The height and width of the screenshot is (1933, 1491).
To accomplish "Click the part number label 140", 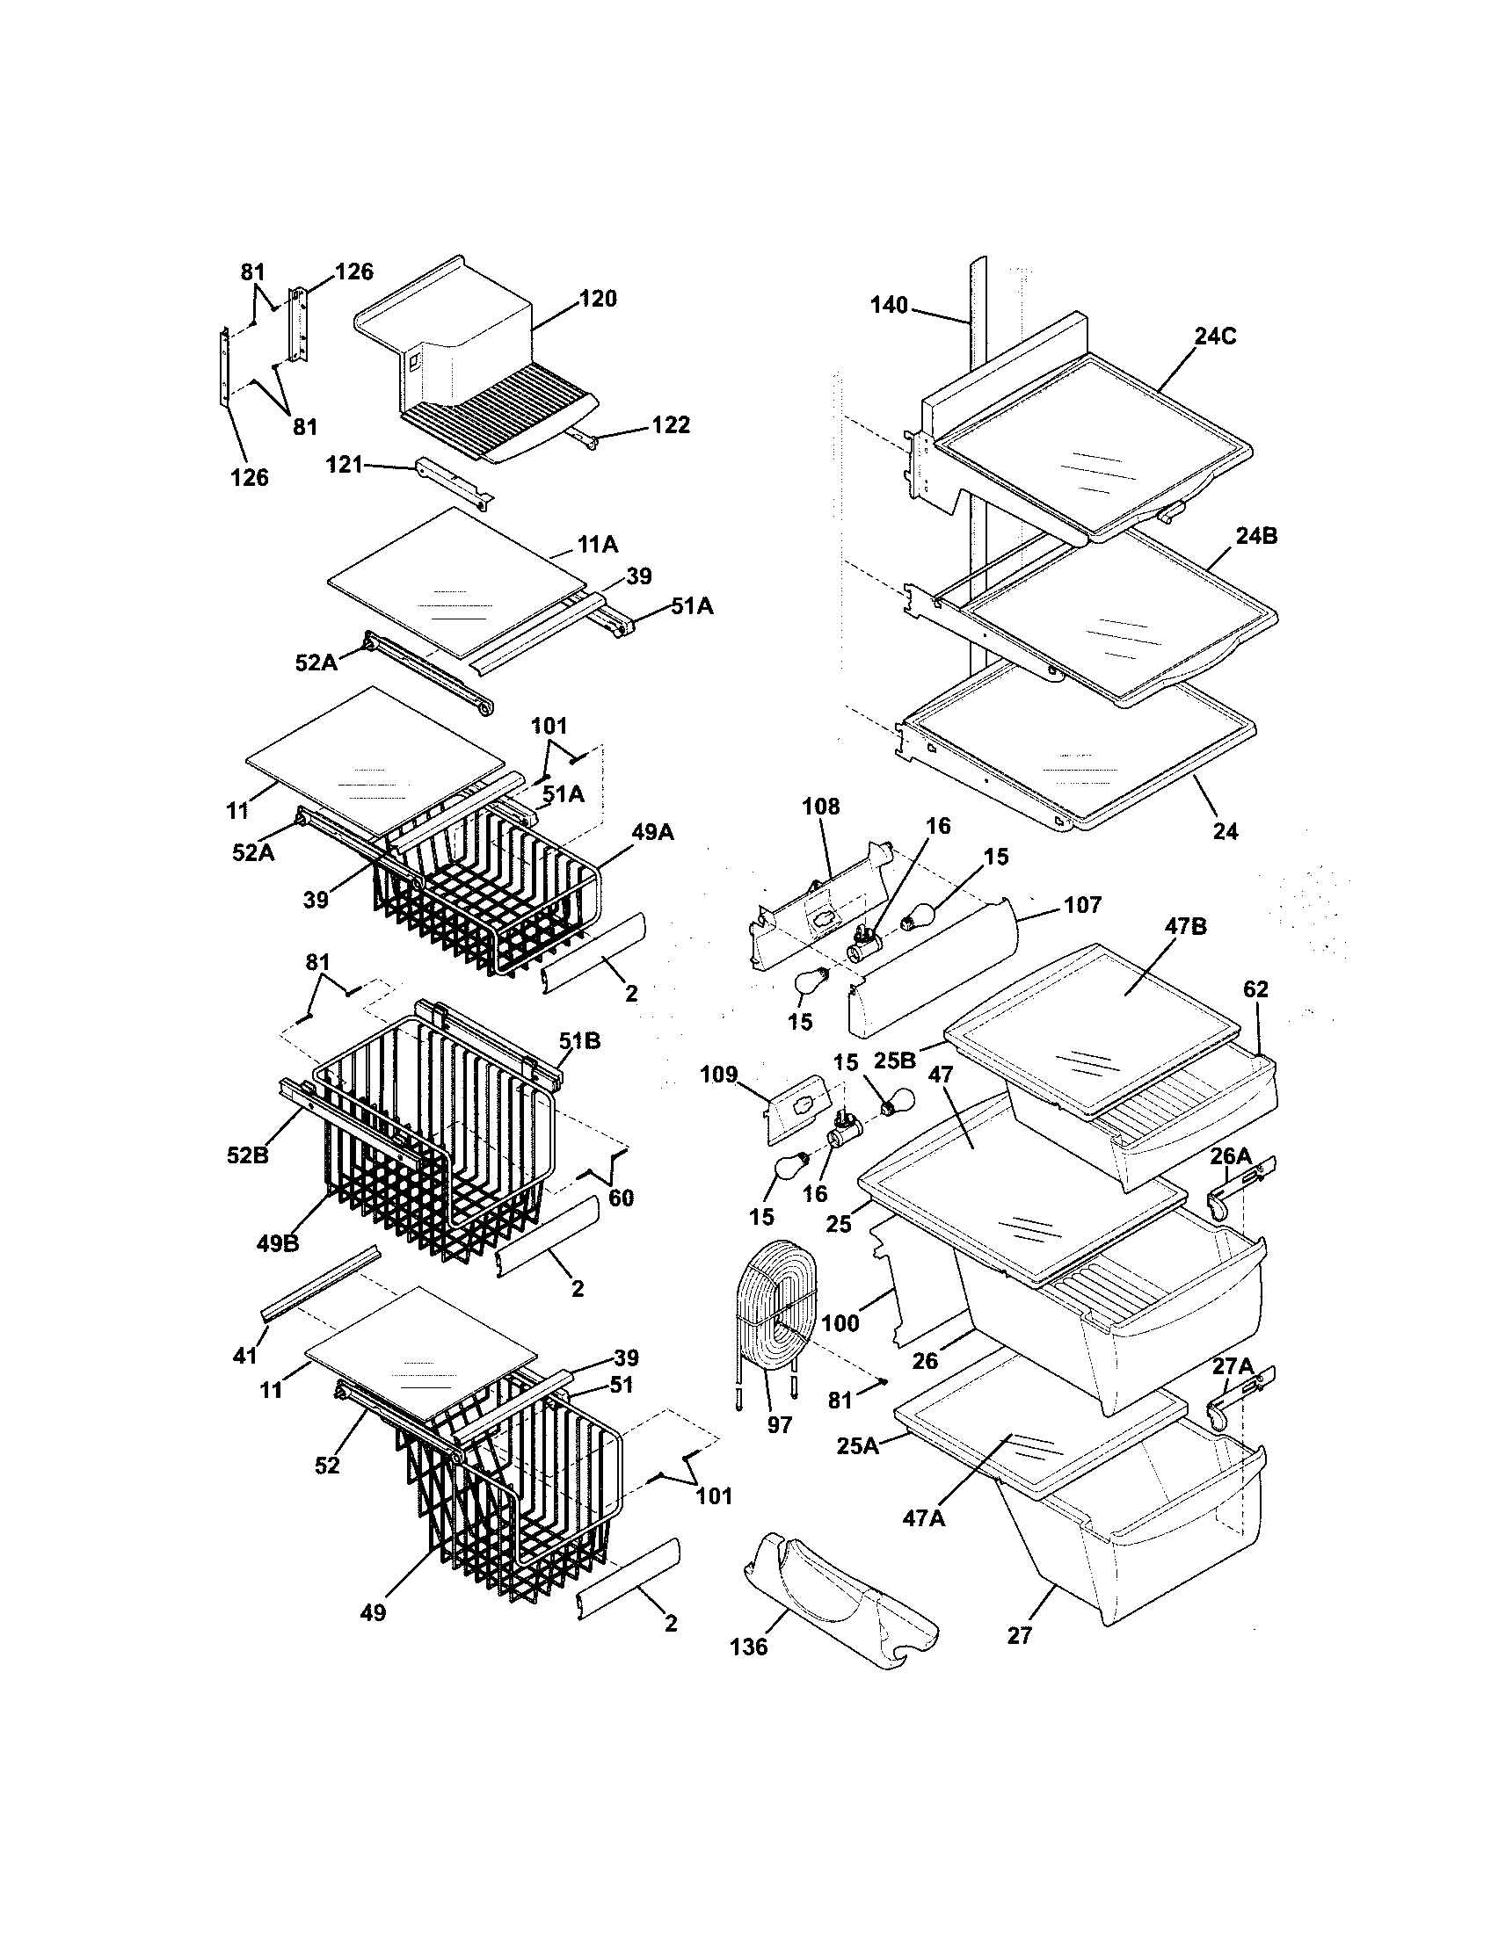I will tap(888, 306).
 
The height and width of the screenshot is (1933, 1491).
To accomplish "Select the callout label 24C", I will tap(1215, 336).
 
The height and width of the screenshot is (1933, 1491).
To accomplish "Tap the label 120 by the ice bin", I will tap(598, 298).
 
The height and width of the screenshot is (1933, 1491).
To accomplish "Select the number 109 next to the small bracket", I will tap(718, 1075).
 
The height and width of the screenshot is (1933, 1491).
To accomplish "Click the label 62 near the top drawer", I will tap(1255, 989).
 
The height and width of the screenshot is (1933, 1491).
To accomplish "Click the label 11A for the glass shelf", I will tap(598, 545).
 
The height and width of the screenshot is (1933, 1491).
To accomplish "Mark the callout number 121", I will tap(345, 464).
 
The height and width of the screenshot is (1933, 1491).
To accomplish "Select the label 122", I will tap(670, 425).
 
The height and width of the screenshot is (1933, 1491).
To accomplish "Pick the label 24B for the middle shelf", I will tap(1258, 535).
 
